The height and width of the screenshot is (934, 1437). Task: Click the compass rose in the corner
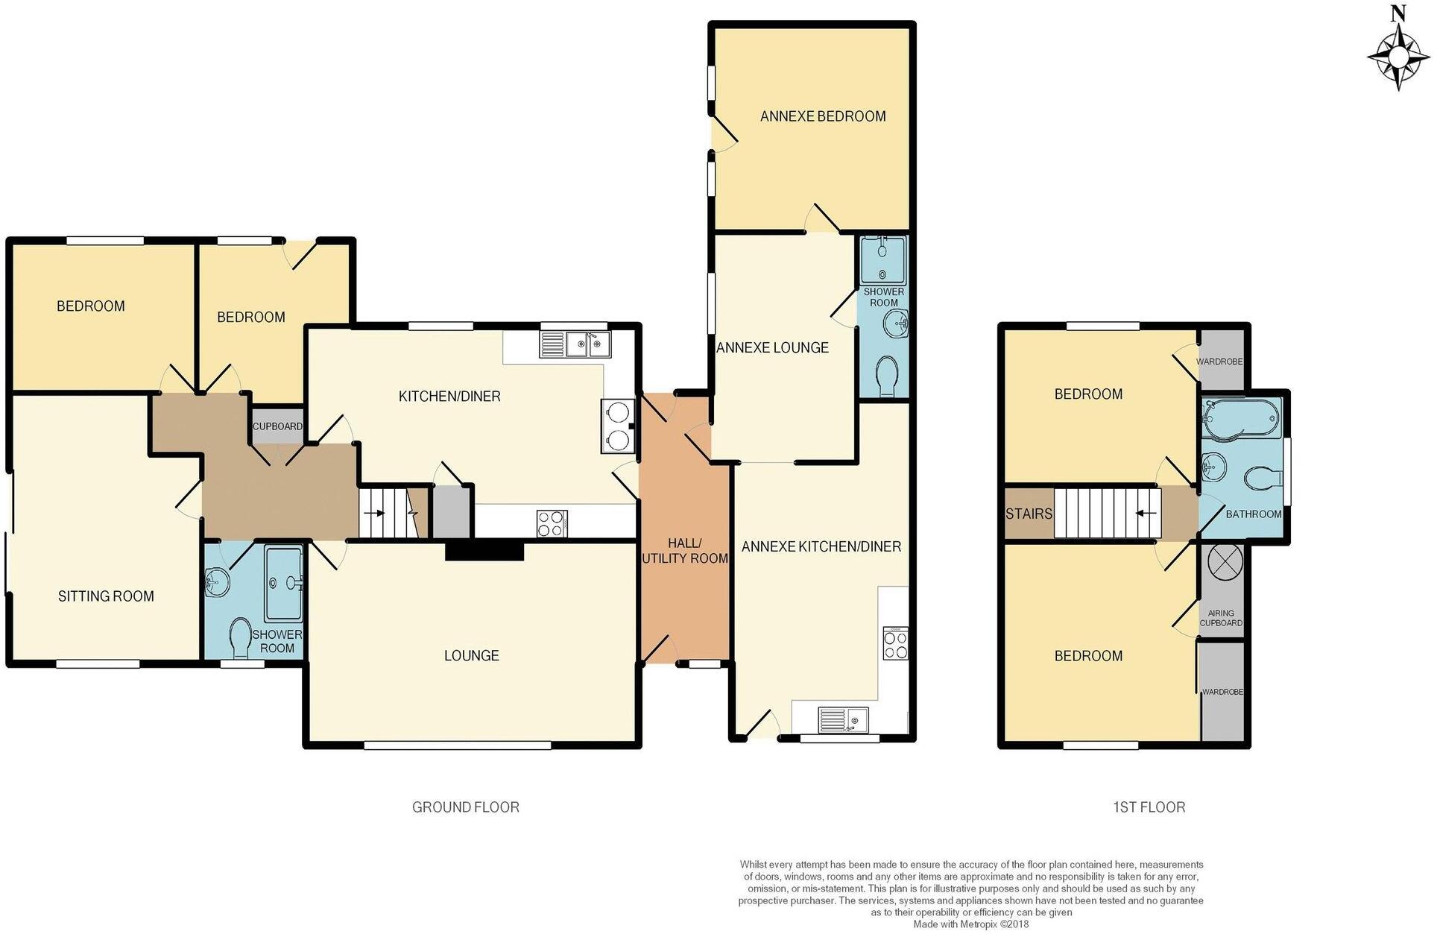tap(1399, 57)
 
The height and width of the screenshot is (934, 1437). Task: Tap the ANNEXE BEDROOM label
tap(823, 116)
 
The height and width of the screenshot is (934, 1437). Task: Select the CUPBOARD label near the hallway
tap(277, 426)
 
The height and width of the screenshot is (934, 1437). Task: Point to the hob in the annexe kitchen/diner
tap(895, 643)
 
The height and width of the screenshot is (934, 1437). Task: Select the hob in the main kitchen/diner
tap(552, 522)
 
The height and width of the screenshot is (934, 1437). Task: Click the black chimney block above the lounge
tap(484, 550)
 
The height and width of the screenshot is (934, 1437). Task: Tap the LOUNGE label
tap(471, 655)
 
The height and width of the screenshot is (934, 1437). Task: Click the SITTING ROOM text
tap(106, 596)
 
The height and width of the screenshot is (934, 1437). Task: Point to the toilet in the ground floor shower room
tap(240, 639)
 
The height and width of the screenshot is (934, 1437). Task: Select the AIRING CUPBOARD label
tap(1221, 617)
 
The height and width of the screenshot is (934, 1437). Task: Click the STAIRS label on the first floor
tap(1029, 514)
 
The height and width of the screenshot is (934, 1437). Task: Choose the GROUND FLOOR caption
tap(465, 807)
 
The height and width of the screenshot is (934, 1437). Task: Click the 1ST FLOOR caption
tap(1149, 807)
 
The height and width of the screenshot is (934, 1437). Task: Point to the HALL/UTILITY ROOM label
tap(684, 550)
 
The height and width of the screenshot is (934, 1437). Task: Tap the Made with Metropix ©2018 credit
tap(970, 924)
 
